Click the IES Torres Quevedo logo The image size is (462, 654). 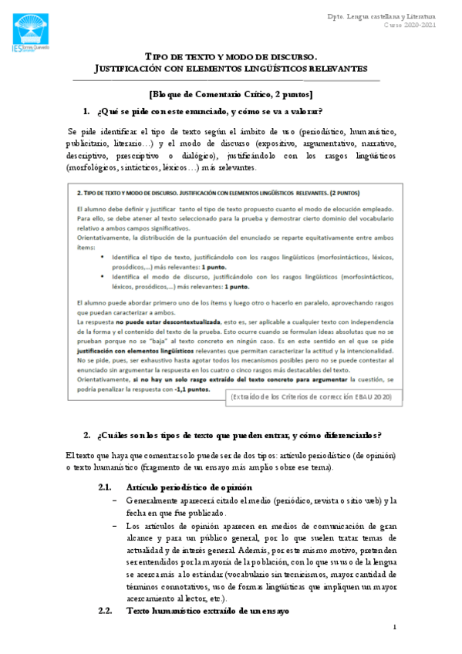[33, 32]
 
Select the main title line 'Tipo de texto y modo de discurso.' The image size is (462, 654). [231, 56]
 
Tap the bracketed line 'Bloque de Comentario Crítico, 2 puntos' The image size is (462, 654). [231, 94]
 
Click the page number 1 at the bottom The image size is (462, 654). [393, 627]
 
